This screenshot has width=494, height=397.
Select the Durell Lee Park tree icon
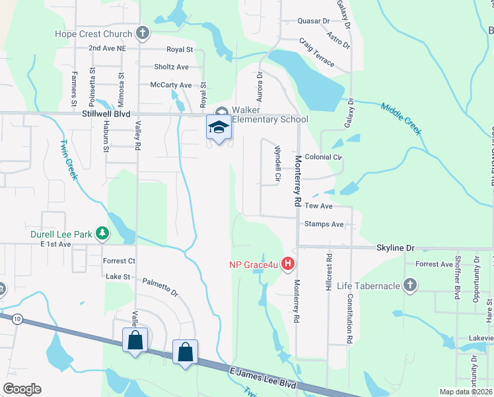[102, 233]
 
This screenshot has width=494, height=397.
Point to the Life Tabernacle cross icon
[410, 285]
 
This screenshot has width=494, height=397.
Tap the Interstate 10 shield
[17, 319]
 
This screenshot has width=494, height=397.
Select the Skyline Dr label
[395, 247]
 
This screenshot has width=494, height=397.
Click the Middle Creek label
[400, 118]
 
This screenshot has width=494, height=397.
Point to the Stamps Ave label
[324, 224]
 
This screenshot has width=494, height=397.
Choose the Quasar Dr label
[314, 21]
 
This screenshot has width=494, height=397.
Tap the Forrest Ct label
[119, 261]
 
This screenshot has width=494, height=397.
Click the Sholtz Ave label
[171, 67]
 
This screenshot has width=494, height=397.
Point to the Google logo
[22, 389]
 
